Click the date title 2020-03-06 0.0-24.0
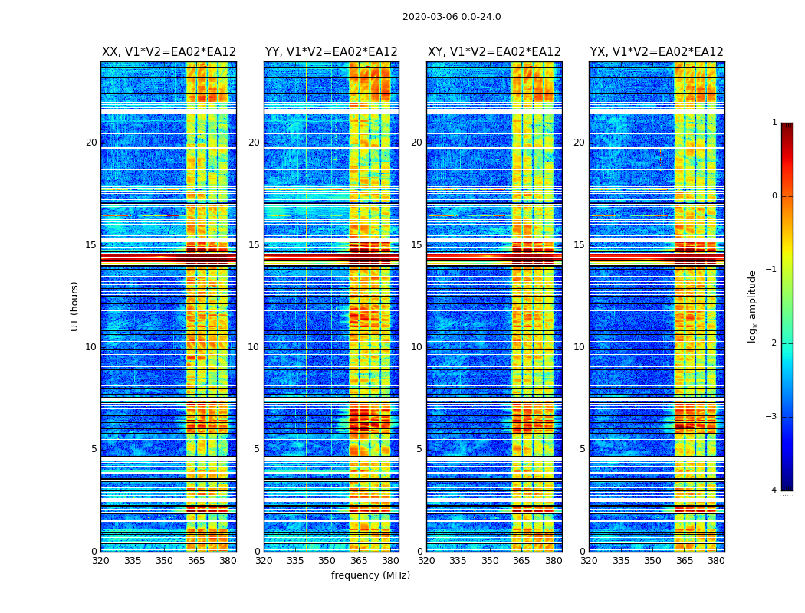pyautogui.click(x=452, y=17)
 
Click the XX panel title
pyautogui.click(x=169, y=52)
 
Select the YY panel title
pyautogui.click(x=331, y=52)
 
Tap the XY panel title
pyautogui.click(x=494, y=52)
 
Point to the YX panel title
pyautogui.click(x=656, y=52)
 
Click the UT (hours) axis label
pyautogui.click(x=75, y=306)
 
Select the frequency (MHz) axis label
pyautogui.click(x=370, y=575)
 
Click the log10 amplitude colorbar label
pyautogui.click(x=753, y=306)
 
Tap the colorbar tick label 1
pyautogui.click(x=774, y=123)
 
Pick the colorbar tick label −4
pyautogui.click(x=772, y=490)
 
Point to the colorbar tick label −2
pyautogui.click(x=772, y=343)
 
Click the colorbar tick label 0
pyautogui.click(x=774, y=196)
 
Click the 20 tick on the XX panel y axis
pyautogui.click(x=91, y=143)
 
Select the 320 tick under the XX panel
pyautogui.click(x=100, y=561)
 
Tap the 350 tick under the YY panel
pyautogui.click(x=327, y=561)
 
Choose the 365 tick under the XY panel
pyautogui.click(x=521, y=561)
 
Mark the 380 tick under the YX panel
pyautogui.click(x=716, y=561)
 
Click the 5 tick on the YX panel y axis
pyautogui.click(x=582, y=449)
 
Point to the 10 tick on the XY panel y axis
pyautogui.click(x=416, y=347)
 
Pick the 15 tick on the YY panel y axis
pyautogui.click(x=254, y=245)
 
